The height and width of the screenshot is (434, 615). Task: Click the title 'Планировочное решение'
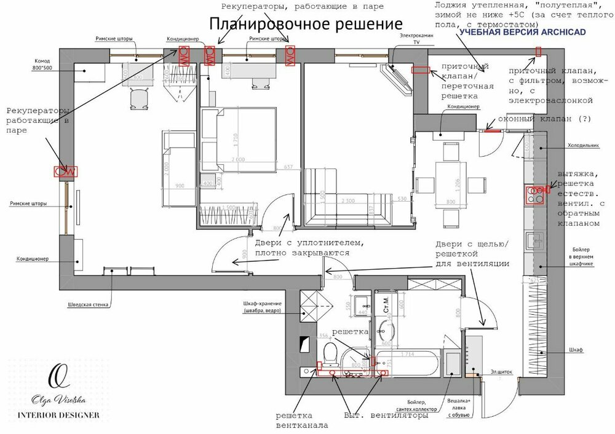(x=306, y=24)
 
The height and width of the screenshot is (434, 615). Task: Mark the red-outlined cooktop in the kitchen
(x=535, y=195)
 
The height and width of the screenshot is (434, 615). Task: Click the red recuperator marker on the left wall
(x=66, y=172)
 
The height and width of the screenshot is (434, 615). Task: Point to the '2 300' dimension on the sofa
(x=347, y=200)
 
